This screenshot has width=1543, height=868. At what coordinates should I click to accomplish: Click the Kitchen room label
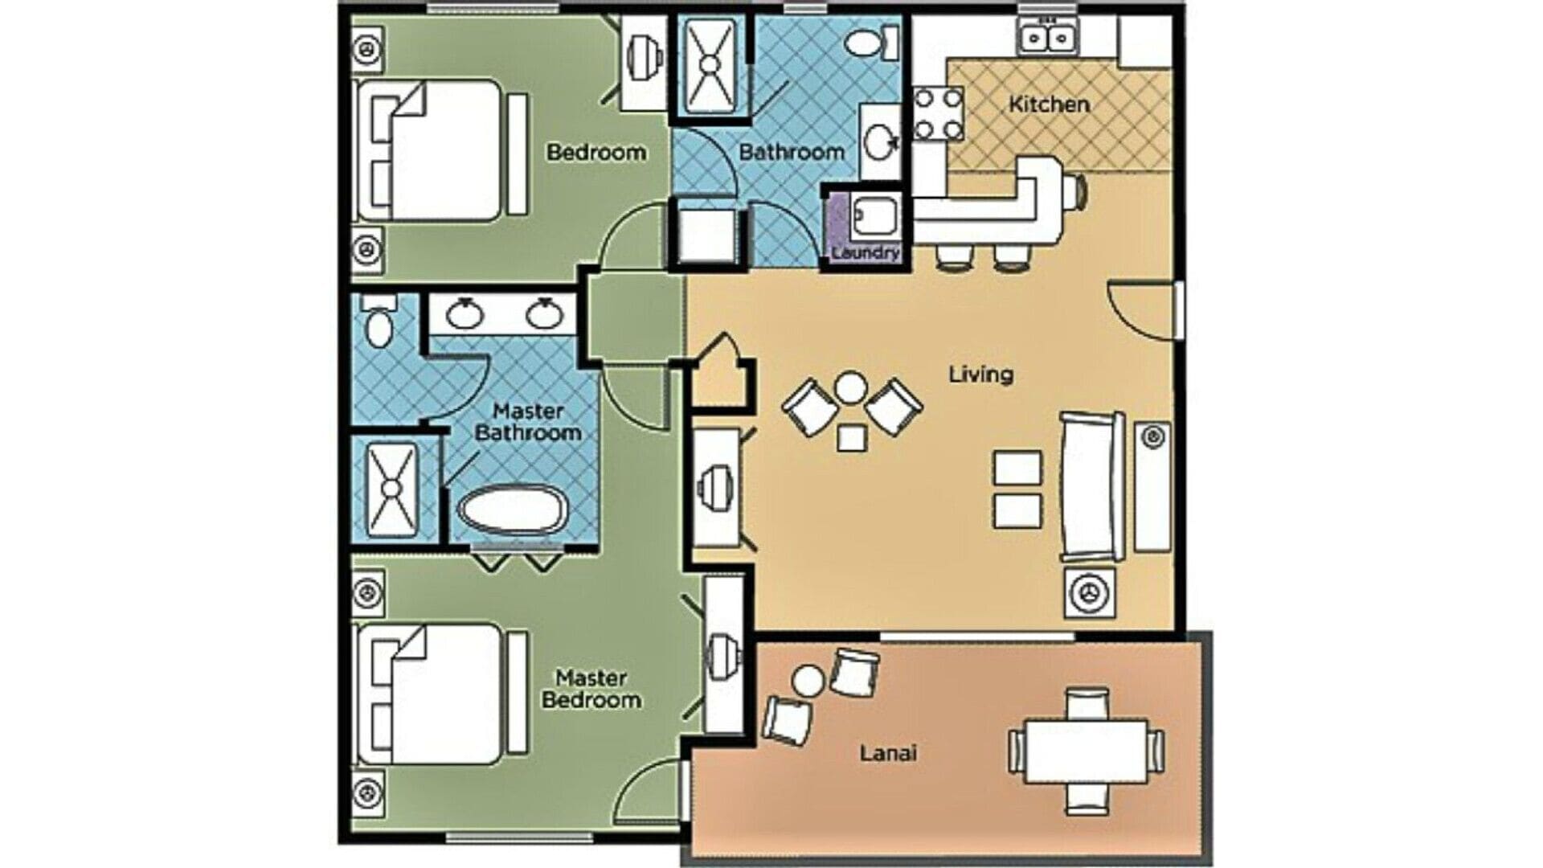(x=1049, y=104)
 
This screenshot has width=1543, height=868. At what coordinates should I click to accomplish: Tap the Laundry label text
(x=865, y=252)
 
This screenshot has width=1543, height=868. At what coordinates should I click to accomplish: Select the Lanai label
(x=888, y=753)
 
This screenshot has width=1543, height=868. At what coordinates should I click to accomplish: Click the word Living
(x=980, y=374)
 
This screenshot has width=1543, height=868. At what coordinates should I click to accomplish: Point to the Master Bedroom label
(x=591, y=689)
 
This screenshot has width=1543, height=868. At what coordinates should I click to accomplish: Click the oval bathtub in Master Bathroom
(x=513, y=510)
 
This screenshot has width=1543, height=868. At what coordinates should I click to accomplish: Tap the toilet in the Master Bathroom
(x=378, y=321)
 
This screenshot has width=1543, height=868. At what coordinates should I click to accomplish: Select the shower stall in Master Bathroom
(x=391, y=489)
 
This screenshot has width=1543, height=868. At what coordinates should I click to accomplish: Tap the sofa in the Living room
(x=1093, y=486)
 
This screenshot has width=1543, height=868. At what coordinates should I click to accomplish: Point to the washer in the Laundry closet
(x=874, y=216)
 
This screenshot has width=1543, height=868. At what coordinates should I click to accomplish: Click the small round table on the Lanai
(x=808, y=682)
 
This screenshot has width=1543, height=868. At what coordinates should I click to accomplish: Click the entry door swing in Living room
(x=1140, y=310)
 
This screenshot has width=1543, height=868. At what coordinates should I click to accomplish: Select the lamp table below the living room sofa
(x=1091, y=593)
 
